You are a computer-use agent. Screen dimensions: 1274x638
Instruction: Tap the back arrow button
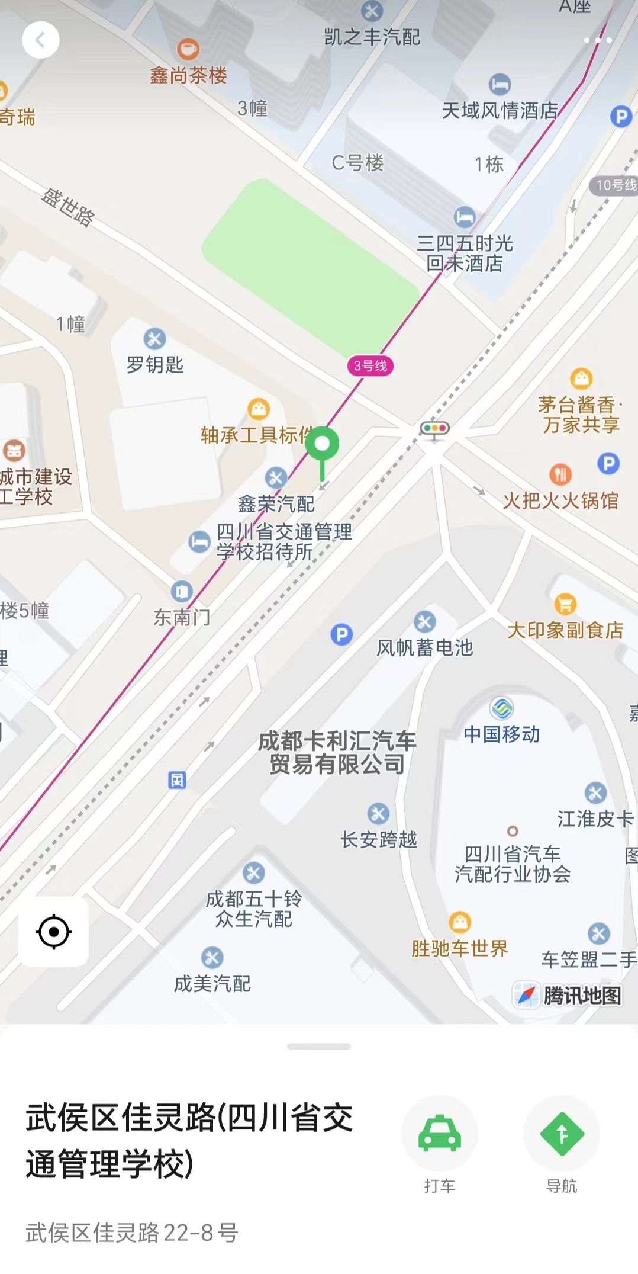(40, 40)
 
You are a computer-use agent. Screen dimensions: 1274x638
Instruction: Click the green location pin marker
(322, 444)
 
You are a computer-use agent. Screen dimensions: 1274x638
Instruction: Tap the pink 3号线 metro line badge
(370, 365)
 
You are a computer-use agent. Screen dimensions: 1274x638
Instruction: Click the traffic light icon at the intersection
(434, 428)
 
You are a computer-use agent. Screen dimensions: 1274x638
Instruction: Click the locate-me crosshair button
(54, 932)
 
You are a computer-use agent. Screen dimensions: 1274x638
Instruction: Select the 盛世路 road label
(68, 207)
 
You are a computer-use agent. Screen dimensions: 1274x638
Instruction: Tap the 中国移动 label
(501, 734)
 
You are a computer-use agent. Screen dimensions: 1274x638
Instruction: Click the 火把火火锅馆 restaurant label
(560, 501)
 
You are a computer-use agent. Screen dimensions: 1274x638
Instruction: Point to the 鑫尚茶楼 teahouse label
(188, 75)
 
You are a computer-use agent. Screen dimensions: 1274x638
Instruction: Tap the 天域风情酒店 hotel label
(500, 110)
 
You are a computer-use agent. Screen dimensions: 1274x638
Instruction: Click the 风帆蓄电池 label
(425, 647)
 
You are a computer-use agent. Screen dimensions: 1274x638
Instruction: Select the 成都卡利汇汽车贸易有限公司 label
(337, 752)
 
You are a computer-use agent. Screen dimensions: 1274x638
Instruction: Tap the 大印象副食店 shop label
(565, 630)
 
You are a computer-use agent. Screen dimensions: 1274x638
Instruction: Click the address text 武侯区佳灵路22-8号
(132, 1233)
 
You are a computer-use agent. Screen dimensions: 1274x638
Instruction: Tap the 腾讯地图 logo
(568, 995)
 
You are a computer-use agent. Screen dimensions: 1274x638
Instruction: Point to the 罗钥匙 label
(155, 364)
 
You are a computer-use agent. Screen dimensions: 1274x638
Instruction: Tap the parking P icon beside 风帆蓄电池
(341, 634)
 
